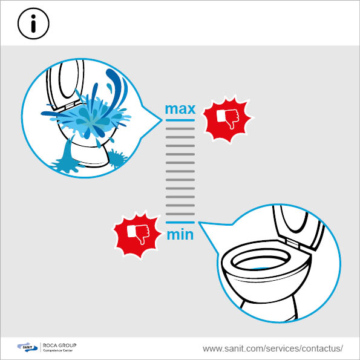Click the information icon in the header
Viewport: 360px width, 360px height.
point(33,24)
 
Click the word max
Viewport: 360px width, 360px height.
point(180,110)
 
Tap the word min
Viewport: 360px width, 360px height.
point(180,235)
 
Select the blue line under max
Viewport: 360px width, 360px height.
point(180,120)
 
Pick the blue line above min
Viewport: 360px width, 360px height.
point(180,223)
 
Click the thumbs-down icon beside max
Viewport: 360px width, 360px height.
point(227,119)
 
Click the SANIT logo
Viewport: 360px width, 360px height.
point(27,347)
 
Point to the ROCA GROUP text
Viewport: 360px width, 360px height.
point(59,345)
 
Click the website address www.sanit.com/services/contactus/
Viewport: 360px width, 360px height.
point(273,349)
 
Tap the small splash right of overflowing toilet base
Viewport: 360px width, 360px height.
point(117,158)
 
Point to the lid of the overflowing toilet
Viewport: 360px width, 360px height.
point(65,84)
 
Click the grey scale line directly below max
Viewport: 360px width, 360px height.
point(180,128)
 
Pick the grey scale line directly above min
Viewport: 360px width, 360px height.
point(180,214)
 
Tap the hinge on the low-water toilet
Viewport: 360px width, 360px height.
point(293,243)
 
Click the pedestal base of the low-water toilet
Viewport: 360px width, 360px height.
point(269,308)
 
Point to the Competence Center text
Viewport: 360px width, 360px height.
point(58,350)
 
